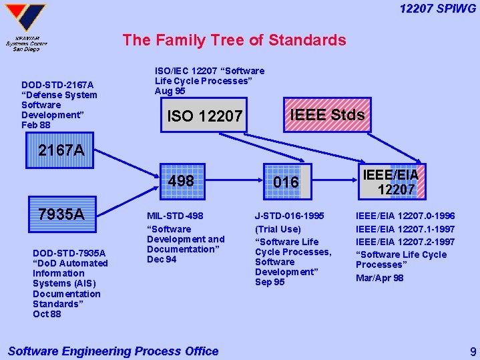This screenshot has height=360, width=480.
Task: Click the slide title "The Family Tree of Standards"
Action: point(234,40)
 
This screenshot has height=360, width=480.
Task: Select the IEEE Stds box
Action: point(326,114)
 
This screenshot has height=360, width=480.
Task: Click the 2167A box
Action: point(61,150)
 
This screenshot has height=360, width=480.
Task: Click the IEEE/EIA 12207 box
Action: point(391,182)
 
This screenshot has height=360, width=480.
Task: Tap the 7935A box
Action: point(61,214)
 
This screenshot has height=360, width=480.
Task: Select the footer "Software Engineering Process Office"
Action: point(113,351)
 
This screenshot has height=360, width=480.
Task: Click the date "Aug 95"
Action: point(170,91)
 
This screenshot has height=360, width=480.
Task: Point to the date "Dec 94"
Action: point(162,259)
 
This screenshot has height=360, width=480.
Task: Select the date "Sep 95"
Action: point(270,282)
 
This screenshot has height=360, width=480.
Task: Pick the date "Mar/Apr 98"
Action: point(379,278)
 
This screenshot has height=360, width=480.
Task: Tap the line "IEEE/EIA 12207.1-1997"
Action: point(405,229)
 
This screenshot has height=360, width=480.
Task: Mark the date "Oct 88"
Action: point(47,314)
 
